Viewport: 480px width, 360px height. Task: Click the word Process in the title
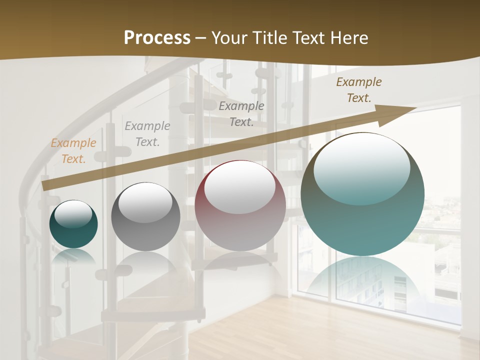[157, 38]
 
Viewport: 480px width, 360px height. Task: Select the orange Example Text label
[73, 151]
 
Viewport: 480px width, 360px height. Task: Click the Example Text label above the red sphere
[241, 113]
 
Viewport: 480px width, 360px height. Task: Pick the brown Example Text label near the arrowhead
[359, 90]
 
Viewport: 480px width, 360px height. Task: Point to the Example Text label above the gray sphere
[147, 134]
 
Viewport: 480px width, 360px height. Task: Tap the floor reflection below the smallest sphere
[73, 256]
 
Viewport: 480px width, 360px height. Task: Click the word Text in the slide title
[308, 38]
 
